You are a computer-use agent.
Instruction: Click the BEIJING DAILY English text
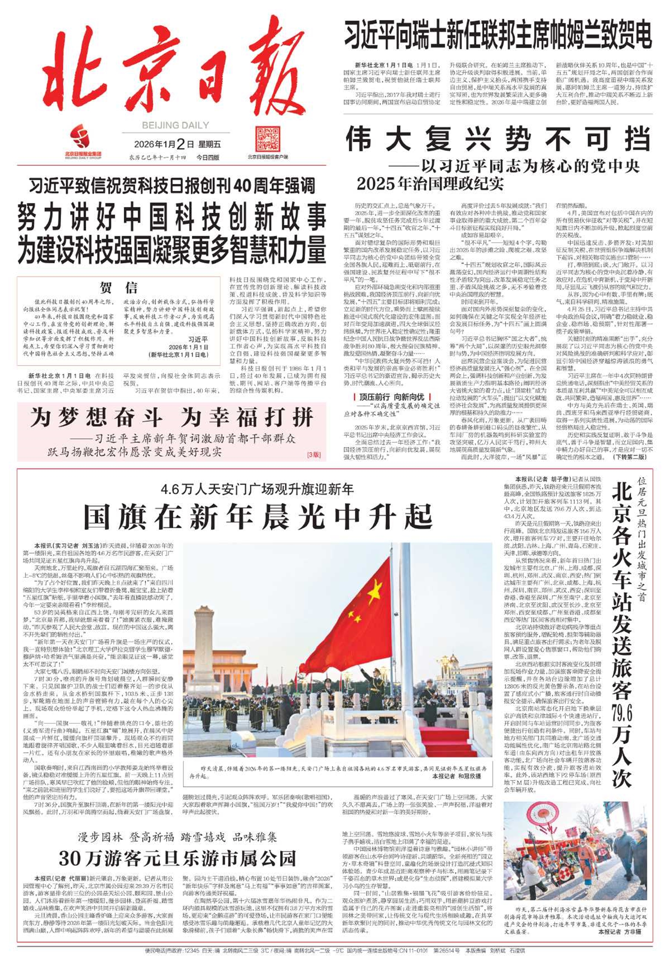(x=175, y=125)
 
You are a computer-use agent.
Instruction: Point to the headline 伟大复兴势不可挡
(x=498, y=139)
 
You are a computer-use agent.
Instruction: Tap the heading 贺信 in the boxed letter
(x=119, y=288)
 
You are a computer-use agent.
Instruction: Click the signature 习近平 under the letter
(x=198, y=339)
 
